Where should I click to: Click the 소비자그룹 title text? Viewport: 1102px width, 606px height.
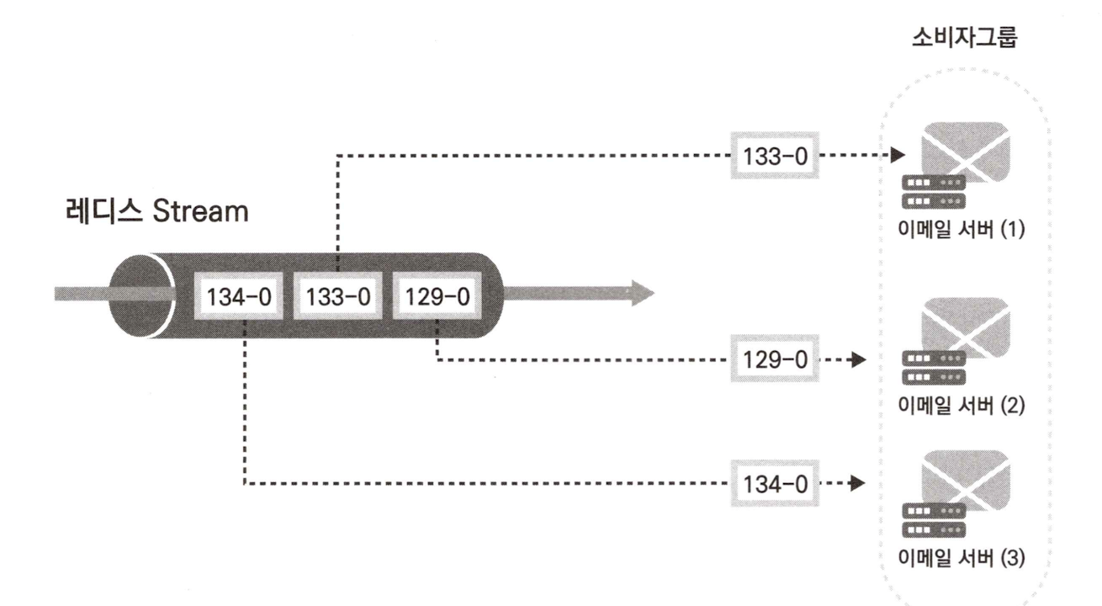965,39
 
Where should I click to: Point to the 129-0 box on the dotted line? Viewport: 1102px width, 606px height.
774,360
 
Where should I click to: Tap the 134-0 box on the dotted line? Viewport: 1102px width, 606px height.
774,483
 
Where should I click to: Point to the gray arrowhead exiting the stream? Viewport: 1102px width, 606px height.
641,293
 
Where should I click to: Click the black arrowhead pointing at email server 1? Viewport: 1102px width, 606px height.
898,156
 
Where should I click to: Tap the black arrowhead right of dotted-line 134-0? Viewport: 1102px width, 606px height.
858,483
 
